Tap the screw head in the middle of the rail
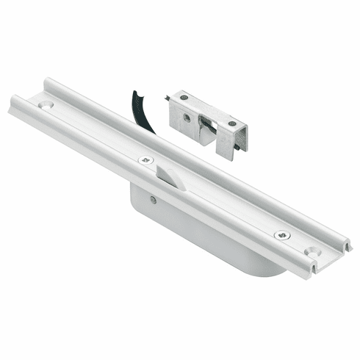(x=144, y=159)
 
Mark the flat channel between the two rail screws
(x=213, y=197)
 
